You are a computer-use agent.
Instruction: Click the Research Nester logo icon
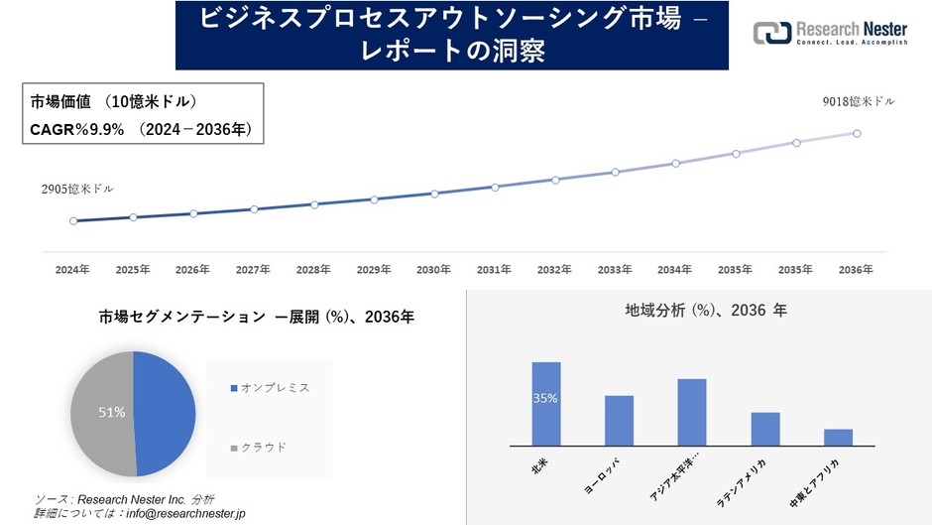771,33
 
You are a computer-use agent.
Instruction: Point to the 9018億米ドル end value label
858,102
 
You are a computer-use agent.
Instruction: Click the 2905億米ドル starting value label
77,189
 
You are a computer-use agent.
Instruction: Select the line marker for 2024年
73,221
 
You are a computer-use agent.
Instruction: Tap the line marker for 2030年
434,194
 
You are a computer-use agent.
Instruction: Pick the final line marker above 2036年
857,133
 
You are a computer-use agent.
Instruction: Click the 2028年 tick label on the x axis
313,270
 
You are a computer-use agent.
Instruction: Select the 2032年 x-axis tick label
554,270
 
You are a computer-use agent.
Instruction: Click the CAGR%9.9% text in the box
75,129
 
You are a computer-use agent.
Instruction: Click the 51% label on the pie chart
110,412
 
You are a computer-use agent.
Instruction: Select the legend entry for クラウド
264,448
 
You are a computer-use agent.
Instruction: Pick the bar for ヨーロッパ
619,421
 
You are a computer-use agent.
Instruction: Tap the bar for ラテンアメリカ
765,429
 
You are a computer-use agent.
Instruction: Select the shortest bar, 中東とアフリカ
838,438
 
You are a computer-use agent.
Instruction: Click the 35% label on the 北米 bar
545,398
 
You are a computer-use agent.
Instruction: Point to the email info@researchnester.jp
180,513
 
